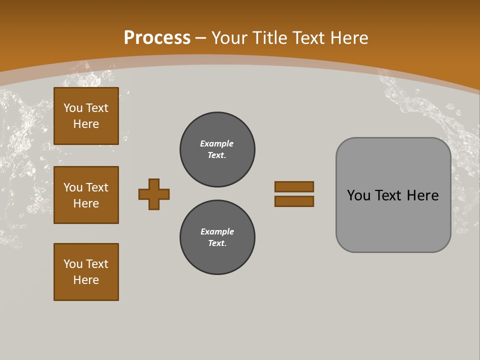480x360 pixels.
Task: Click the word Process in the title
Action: (157, 37)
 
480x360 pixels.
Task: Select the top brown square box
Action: (86, 116)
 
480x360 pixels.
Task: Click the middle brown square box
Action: (86, 195)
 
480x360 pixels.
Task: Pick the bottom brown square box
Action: (86, 272)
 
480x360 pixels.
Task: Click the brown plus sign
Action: (154, 194)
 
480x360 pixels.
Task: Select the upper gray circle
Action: (217, 149)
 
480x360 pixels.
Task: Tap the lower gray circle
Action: (217, 237)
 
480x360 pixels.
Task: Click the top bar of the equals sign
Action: (294, 186)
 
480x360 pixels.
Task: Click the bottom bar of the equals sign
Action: (294, 201)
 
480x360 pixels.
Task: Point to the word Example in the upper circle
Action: (216, 143)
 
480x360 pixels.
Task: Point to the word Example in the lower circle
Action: (217, 231)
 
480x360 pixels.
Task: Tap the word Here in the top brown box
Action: (86, 124)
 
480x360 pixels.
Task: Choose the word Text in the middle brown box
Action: (96, 187)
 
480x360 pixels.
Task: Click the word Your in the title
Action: (228, 37)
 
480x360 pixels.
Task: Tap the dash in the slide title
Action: (201, 37)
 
